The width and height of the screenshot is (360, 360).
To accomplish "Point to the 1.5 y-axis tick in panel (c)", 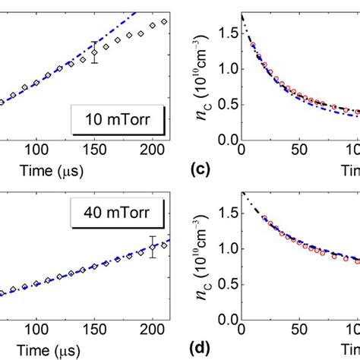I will pos(225,32).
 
